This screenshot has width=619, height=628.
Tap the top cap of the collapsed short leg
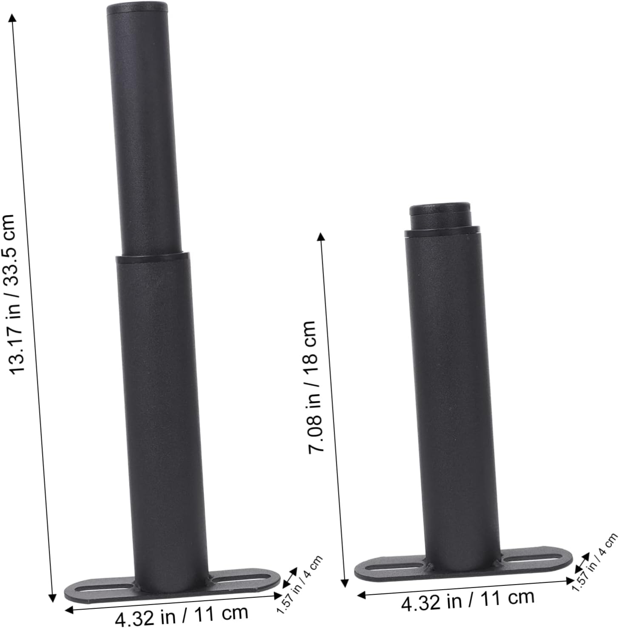click(x=440, y=209)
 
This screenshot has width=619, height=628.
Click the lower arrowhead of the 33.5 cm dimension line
click(x=52, y=597)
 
